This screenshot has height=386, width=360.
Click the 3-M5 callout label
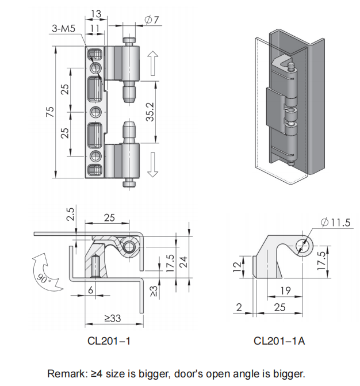point(63,29)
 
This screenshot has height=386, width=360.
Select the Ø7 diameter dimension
point(152,20)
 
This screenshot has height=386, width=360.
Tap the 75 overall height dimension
point(50,112)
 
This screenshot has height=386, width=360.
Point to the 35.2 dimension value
point(150,112)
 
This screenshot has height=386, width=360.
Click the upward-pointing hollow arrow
point(152,63)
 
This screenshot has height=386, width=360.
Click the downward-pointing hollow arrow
point(152,165)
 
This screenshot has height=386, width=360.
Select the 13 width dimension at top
point(96,14)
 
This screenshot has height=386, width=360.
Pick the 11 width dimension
point(95,29)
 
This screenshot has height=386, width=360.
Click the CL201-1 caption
point(109,341)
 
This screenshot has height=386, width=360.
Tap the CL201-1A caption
point(279,341)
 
